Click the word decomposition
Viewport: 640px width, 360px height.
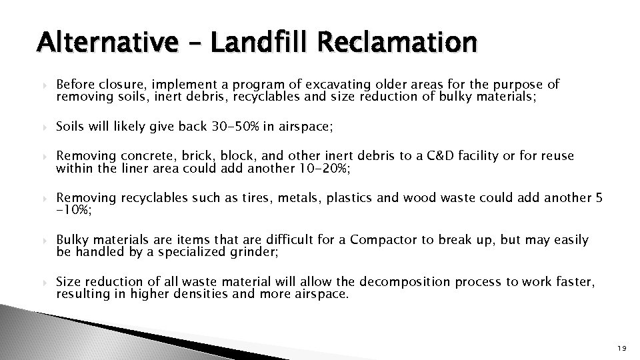[354, 281]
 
